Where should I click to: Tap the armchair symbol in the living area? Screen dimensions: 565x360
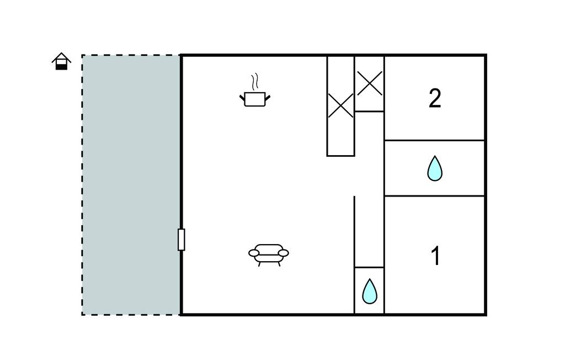269,255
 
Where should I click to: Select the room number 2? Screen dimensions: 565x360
435,98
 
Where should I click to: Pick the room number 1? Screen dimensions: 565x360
436,256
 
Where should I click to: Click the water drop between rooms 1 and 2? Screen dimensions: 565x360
435,168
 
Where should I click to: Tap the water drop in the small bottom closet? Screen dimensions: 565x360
369,292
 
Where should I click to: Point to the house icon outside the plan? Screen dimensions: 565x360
61,61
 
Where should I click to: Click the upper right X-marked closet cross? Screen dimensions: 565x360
369,83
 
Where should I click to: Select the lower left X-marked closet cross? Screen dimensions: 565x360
340,105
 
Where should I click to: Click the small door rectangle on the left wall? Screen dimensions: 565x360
181,240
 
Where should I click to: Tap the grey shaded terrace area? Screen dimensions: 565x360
131,185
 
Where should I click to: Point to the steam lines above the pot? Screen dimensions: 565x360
255,82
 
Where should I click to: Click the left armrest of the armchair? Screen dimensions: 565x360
254,253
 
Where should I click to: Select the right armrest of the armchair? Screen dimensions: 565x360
284,253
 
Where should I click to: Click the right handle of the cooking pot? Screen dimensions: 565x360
268,97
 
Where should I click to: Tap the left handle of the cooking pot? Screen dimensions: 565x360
242,97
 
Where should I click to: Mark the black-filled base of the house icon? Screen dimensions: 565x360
61,67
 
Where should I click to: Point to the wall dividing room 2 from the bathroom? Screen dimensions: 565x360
435,140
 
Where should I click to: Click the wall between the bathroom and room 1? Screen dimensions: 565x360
435,196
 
